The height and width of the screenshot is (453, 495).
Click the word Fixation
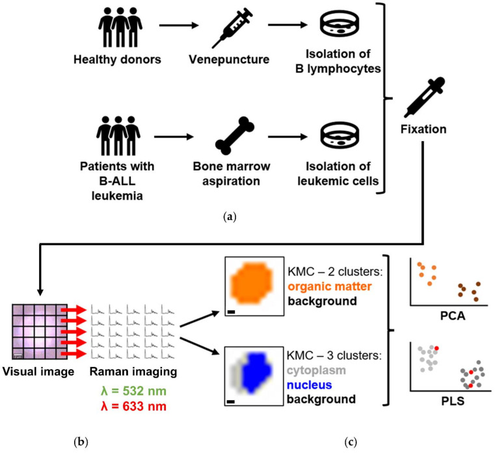[424, 129]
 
